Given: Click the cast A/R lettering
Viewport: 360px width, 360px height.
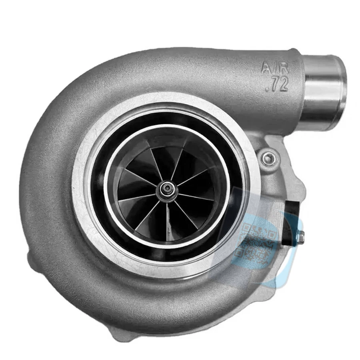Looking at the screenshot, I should [274, 67].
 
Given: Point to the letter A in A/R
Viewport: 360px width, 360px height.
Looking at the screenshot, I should [266, 67].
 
